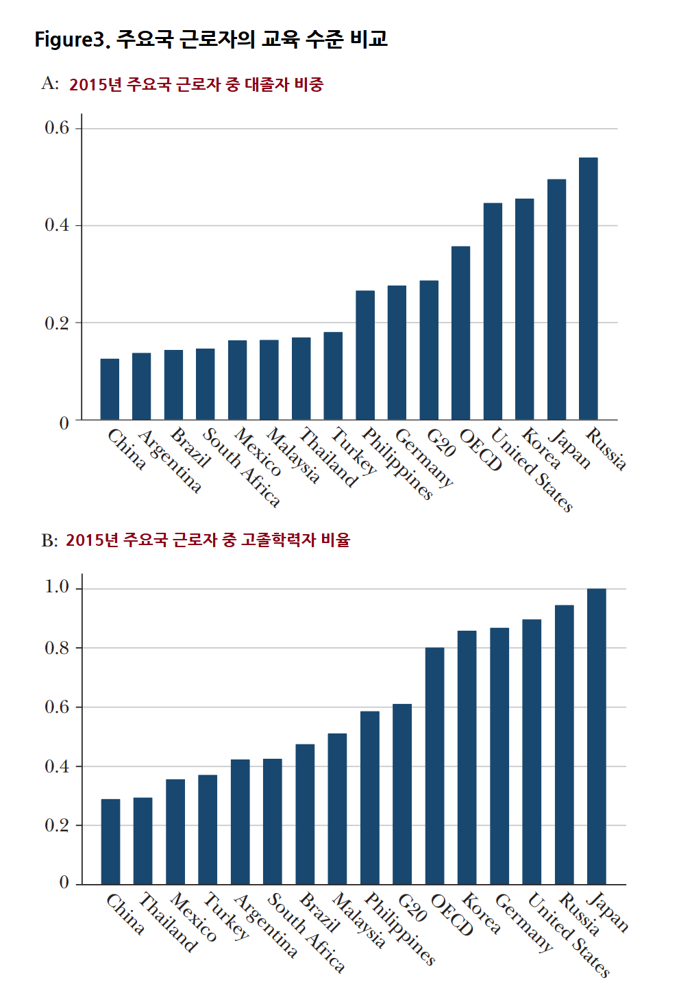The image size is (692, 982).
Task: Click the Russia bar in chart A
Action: tap(588, 288)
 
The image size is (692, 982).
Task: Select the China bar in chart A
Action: tap(110, 389)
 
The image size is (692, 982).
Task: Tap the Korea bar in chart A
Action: tap(525, 309)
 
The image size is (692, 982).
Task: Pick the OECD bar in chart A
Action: tap(460, 333)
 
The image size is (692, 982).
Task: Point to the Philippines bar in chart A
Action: tap(365, 355)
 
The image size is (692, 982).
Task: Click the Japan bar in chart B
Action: tap(596, 737)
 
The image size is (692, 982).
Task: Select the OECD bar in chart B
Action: tap(434, 766)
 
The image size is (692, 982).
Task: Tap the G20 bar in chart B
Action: tap(402, 794)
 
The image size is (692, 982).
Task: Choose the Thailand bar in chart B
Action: tap(143, 842)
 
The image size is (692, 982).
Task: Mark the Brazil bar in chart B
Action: tap(305, 814)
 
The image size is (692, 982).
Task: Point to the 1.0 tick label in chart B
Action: tap(57, 587)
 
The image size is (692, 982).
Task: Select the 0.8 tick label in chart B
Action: tap(57, 648)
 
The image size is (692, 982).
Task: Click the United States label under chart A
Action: tap(532, 470)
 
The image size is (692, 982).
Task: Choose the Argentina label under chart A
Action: tap(170, 461)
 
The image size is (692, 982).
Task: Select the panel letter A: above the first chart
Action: tap(50, 83)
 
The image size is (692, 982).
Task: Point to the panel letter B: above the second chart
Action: tap(49, 540)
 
